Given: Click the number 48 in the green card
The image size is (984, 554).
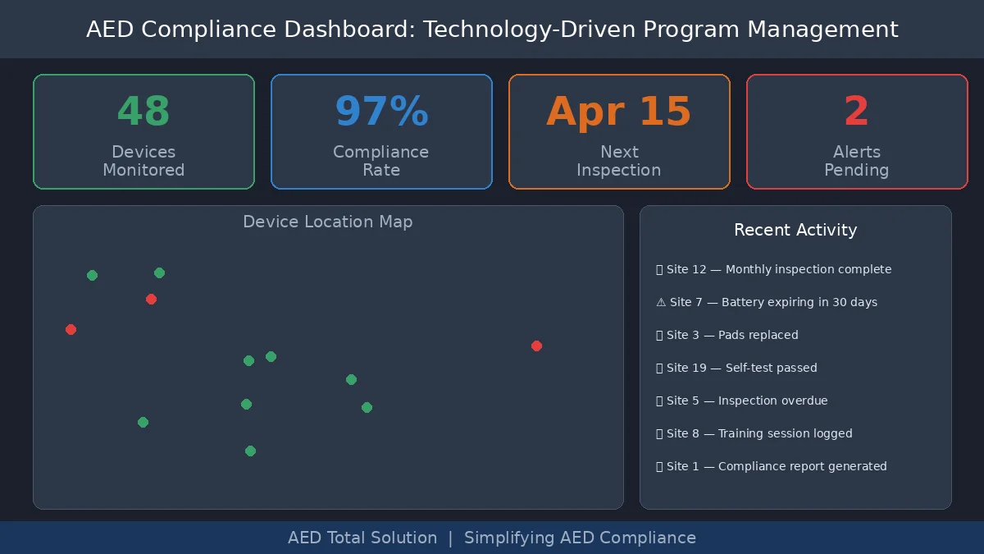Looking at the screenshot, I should click(143, 112).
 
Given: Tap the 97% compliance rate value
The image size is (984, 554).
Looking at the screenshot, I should click(381, 112).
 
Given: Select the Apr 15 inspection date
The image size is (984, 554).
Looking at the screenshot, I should click(619, 112).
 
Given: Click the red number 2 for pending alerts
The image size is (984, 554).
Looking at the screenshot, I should click(856, 112).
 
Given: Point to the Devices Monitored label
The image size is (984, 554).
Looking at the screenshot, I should click(143, 161).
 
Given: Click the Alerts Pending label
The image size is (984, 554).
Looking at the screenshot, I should click(856, 161).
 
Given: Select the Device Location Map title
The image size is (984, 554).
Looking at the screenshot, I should click(328, 222).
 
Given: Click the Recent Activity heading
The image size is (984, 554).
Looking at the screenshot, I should click(795, 230).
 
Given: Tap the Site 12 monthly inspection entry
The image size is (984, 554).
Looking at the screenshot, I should click(774, 269).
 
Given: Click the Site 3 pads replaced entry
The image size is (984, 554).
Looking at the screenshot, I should click(727, 335).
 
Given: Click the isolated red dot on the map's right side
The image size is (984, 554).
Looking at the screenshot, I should click(536, 346).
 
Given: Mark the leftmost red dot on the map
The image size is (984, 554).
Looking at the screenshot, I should click(71, 329).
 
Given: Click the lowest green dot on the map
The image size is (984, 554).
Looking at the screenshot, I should click(250, 451).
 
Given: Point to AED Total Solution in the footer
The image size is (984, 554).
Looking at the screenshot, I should click(362, 538).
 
